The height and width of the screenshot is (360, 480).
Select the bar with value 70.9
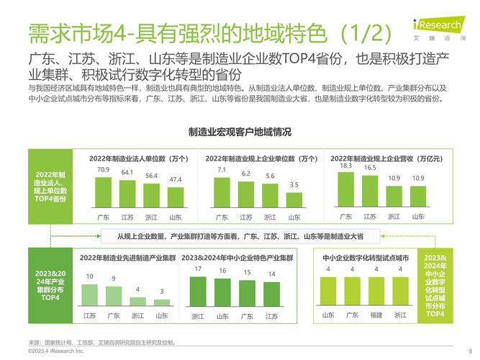pos(104,192)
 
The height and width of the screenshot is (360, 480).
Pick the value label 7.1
pos(222,170)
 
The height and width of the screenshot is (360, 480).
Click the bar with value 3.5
pos(294,199)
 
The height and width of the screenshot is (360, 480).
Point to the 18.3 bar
pos(346,189)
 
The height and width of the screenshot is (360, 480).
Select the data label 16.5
pos(370,168)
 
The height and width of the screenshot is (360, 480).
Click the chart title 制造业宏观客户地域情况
pos(240,132)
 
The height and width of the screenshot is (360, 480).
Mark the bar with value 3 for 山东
pos(162,302)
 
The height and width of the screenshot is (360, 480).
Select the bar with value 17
pos(199,291)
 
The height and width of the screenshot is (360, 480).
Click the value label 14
pos(272,274)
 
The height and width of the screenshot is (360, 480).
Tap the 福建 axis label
pos(376,315)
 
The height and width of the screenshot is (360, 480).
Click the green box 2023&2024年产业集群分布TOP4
pos(50,286)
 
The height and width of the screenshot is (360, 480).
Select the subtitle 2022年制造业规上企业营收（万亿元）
pos(386,158)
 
